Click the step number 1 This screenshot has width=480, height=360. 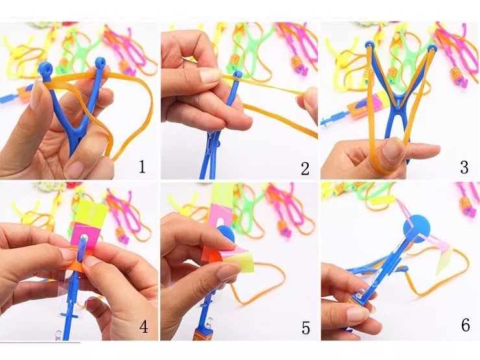click(x=142, y=167)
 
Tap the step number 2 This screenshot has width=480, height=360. click(x=305, y=169)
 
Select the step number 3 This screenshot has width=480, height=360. click(x=464, y=167)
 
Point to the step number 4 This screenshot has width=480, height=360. click(x=143, y=327)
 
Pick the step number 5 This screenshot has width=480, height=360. click(x=306, y=328)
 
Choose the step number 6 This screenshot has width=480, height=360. click(x=465, y=325)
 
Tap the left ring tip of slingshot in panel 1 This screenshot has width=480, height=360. click(x=45, y=67)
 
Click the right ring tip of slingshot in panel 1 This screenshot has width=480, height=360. click(x=100, y=63)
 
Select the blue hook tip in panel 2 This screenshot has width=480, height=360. click(x=237, y=75)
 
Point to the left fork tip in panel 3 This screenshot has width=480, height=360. click(x=370, y=46)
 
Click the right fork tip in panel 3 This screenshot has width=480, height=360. click(x=432, y=49)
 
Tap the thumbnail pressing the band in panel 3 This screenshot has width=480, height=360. click(x=392, y=148)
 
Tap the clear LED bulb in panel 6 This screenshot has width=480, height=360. click(x=361, y=295)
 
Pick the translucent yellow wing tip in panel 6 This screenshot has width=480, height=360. click(x=444, y=258)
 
